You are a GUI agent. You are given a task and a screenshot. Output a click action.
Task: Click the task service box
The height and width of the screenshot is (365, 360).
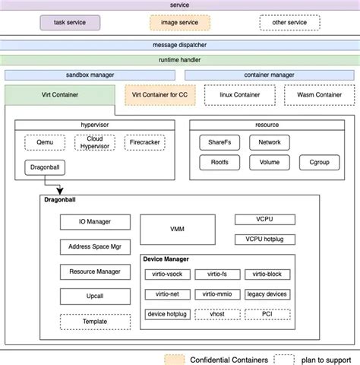(x=71, y=22)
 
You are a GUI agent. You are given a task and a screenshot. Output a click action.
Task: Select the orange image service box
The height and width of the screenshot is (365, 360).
(x=179, y=22)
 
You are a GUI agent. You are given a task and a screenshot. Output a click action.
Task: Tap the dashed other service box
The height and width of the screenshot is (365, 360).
(x=289, y=22)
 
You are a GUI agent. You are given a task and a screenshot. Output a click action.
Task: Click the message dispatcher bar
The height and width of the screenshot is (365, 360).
(x=180, y=46)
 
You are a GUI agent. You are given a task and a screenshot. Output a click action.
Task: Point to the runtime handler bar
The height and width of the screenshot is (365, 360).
(x=180, y=59)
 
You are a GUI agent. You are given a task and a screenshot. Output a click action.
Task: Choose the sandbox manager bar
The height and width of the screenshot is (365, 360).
(x=91, y=75)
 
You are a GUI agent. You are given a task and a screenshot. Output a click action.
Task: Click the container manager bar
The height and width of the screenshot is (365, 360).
(x=270, y=75)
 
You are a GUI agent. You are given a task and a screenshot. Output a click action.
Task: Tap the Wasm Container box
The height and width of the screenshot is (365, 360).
(x=318, y=94)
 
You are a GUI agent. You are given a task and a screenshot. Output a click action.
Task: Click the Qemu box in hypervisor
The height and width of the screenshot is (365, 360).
(x=43, y=142)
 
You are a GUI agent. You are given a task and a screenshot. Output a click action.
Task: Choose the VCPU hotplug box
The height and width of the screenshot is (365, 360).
(x=264, y=240)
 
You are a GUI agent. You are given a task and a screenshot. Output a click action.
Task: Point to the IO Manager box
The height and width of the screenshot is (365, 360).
(x=95, y=222)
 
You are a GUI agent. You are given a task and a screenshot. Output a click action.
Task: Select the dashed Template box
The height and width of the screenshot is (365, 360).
(x=95, y=322)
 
